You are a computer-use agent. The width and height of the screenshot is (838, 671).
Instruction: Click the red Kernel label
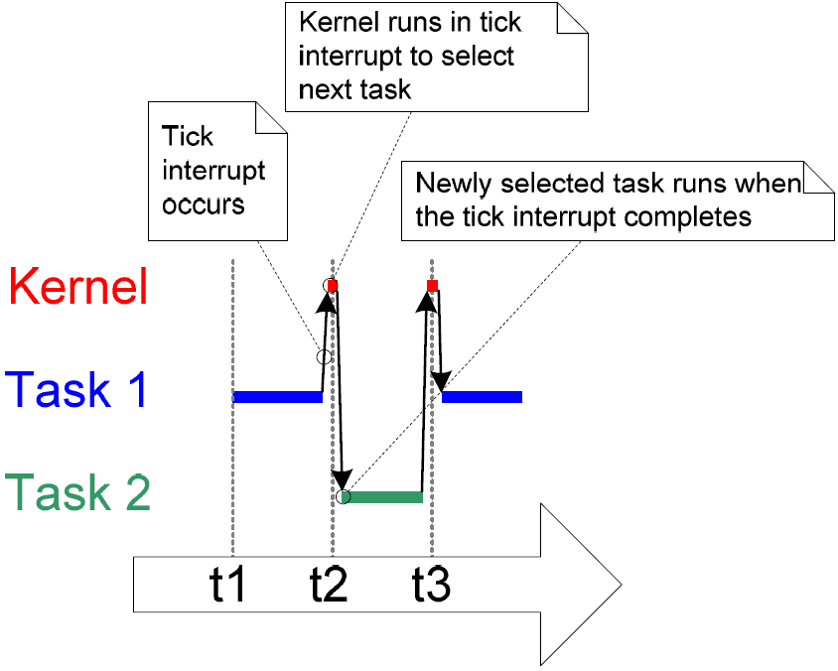tap(78, 286)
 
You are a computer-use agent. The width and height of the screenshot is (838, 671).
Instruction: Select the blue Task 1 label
tap(77, 389)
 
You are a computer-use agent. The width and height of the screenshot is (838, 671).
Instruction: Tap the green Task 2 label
tap(78, 491)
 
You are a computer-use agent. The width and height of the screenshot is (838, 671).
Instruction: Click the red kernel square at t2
tap(333, 286)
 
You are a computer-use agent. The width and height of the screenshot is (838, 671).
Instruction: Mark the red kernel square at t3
tap(432, 286)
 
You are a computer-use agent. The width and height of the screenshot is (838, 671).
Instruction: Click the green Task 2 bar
tap(385, 496)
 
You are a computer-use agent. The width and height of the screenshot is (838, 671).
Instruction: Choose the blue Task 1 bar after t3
tap(483, 397)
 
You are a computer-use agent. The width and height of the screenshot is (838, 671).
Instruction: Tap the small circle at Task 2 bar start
tap(344, 496)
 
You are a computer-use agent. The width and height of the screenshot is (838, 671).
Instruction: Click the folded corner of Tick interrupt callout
tap(269, 117)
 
